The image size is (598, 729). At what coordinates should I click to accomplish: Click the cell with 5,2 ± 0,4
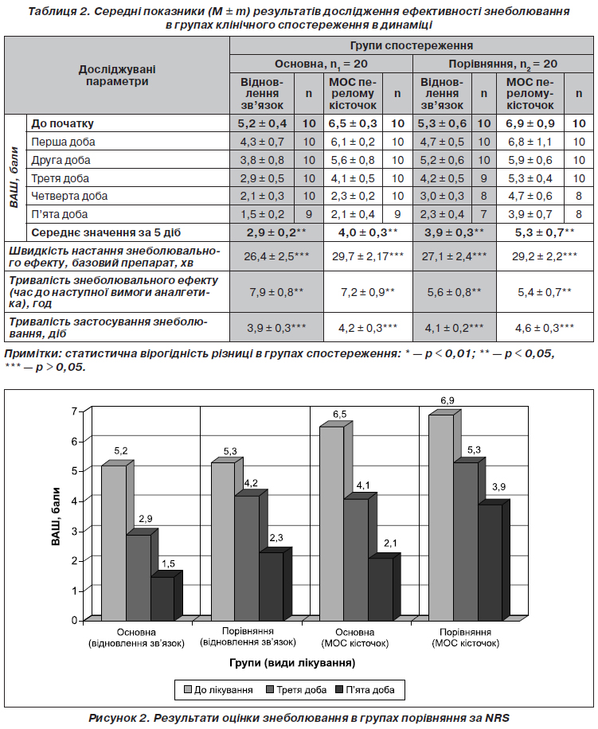point(262,123)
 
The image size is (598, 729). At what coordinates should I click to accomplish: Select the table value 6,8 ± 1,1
point(530,142)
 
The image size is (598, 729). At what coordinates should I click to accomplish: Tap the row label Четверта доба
point(69,197)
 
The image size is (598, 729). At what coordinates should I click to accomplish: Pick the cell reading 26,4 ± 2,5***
point(276,256)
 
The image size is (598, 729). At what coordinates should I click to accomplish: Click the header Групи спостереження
point(412,45)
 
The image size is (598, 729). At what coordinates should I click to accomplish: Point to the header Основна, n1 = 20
point(321,64)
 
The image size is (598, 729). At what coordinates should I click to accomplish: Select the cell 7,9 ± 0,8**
point(276,292)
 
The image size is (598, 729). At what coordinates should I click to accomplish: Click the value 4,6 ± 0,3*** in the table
point(545,328)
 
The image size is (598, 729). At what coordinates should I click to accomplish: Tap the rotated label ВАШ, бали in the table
point(14,177)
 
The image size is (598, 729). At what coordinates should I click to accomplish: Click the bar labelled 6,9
point(441,517)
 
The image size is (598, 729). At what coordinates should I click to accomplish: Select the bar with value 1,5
point(162,598)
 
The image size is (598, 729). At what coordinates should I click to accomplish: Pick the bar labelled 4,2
point(247,558)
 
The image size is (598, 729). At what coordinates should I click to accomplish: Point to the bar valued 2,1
point(381,589)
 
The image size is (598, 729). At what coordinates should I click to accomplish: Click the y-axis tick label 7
point(74,411)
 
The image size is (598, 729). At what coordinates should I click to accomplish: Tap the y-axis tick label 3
point(74,531)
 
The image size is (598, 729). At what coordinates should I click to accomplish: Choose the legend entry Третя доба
point(296,690)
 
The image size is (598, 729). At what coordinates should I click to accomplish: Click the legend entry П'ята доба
point(365,690)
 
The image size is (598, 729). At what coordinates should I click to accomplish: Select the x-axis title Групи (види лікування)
point(292,662)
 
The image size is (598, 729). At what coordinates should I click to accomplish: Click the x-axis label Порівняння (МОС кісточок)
point(466,638)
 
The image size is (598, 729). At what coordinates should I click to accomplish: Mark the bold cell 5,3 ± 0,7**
point(545,232)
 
